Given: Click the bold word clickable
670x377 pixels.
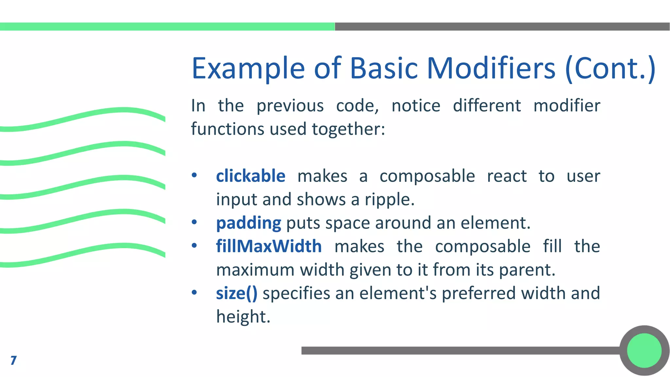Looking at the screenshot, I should pyautogui.click(x=251, y=176).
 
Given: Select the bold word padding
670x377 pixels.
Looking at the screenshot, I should pyautogui.click(x=248, y=223).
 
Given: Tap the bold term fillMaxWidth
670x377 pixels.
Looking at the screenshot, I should pyautogui.click(x=269, y=246).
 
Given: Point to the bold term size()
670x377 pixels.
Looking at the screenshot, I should pyautogui.click(x=237, y=293).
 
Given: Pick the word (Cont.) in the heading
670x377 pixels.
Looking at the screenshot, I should pyautogui.click(x=610, y=68).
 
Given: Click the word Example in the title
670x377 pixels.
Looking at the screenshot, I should pyautogui.click(x=248, y=68).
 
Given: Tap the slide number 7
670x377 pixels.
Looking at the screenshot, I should pyautogui.click(x=13, y=360).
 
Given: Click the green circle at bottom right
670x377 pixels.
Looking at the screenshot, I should pyautogui.click(x=644, y=350).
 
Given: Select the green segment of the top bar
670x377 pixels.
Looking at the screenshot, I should pyautogui.click(x=167, y=27).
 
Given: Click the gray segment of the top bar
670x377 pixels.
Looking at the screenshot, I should pyautogui.click(x=502, y=27).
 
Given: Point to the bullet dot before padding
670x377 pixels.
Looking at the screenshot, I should pyautogui.click(x=194, y=222).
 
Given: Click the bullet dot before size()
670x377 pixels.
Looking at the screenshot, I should pyautogui.click(x=194, y=292).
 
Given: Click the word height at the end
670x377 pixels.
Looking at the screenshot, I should pyautogui.click(x=243, y=317).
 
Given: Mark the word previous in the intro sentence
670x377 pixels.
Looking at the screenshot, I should pyautogui.click(x=290, y=106).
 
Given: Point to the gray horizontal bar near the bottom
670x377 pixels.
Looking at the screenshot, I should pyautogui.click(x=458, y=350).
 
